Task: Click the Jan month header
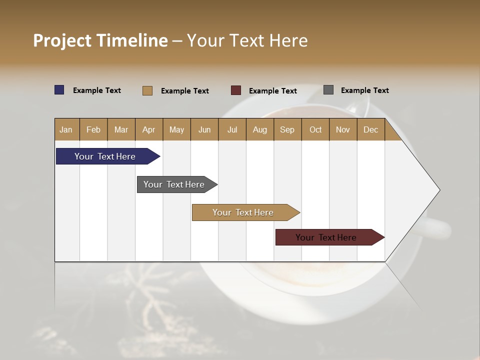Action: (66, 129)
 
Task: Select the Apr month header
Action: (148, 129)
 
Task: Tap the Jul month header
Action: (232, 129)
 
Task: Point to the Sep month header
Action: (287, 129)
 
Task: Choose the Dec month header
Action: (370, 129)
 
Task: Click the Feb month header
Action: (93, 129)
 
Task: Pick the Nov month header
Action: (342, 129)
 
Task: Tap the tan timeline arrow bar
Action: (243, 212)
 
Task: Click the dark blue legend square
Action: (59, 90)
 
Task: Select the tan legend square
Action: (147, 90)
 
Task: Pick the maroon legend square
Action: (236, 90)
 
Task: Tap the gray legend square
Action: (328, 90)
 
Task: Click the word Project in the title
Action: (62, 40)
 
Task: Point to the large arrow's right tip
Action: (438, 190)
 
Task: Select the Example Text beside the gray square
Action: (364, 90)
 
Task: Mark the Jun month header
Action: (204, 129)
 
